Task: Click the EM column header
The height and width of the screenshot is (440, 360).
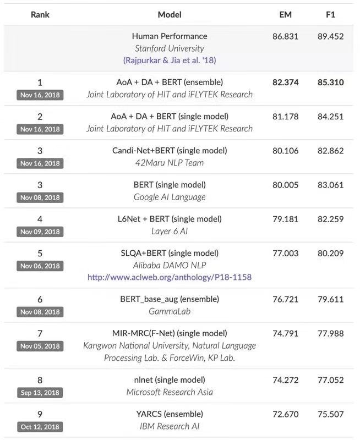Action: click(285, 14)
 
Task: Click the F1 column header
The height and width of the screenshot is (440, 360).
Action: click(330, 14)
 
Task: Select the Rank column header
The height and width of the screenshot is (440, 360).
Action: click(40, 14)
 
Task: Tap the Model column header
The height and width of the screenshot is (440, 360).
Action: click(170, 14)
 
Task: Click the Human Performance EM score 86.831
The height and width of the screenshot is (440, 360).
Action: click(285, 36)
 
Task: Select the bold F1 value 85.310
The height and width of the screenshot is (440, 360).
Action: click(330, 82)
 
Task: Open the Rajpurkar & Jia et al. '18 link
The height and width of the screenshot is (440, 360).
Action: click(170, 60)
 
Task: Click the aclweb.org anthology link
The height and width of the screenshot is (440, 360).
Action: click(170, 277)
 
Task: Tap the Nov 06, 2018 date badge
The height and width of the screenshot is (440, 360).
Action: click(40, 266)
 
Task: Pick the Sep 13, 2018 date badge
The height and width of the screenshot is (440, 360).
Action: click(40, 393)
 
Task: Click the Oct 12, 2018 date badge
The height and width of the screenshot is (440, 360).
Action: click(40, 427)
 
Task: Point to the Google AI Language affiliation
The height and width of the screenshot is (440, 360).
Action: click(170, 197)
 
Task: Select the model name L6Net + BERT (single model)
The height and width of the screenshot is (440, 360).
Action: click(170, 219)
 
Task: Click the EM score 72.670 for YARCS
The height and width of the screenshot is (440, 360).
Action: click(285, 414)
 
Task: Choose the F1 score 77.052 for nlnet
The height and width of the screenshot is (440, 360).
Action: click(330, 380)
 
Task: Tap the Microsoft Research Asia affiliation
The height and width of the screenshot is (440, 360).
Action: click(170, 392)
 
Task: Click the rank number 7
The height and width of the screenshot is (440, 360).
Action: click(40, 334)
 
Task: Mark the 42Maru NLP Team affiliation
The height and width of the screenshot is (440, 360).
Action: click(170, 163)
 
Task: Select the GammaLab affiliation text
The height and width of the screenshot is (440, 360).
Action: click(170, 311)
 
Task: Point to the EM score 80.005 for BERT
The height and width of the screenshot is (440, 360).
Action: click(285, 185)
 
